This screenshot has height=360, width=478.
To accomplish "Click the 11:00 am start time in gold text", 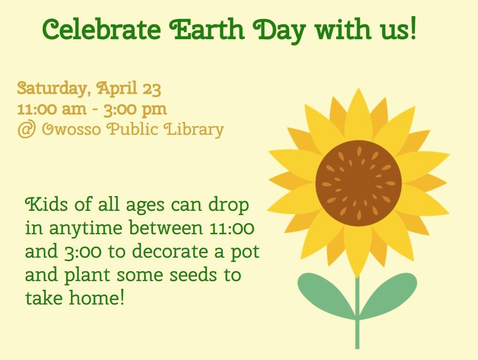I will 51,109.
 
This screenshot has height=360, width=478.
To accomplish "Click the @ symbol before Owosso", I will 26,130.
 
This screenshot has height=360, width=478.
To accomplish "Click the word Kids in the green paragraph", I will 43,206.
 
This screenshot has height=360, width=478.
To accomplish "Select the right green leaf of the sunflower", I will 389,292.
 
